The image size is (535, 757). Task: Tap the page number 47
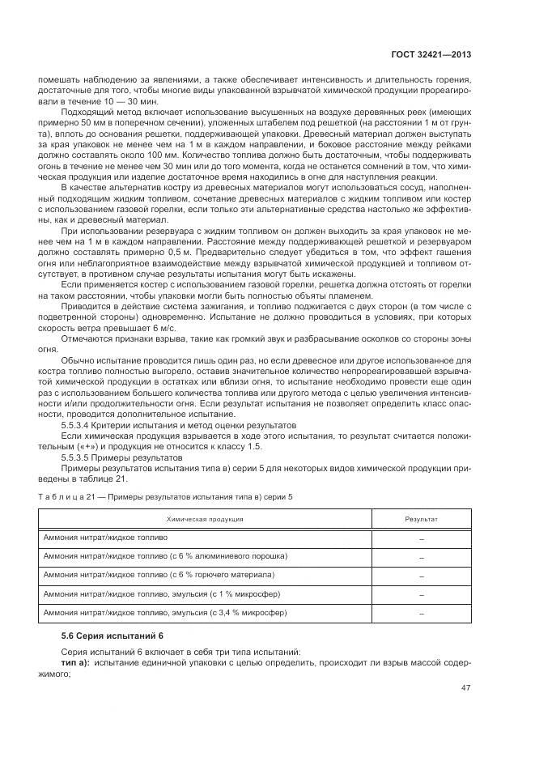[x=466, y=688]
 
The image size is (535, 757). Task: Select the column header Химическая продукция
[x=205, y=518]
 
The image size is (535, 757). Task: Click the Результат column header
[x=421, y=518]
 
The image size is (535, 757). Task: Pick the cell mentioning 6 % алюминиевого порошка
[x=166, y=556]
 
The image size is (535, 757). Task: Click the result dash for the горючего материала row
[x=421, y=576]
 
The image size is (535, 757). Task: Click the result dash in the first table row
[x=421, y=538]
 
